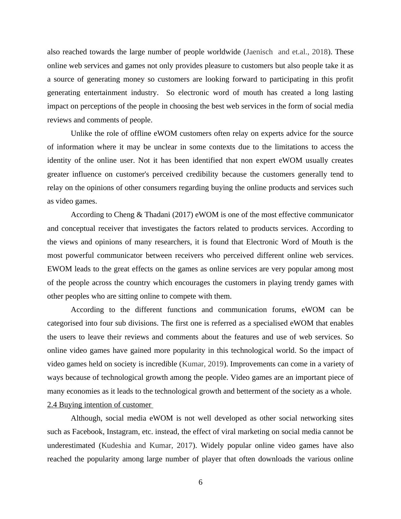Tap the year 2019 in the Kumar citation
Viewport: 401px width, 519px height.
216,364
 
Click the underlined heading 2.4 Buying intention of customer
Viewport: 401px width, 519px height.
99,405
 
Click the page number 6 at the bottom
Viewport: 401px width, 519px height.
201,482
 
